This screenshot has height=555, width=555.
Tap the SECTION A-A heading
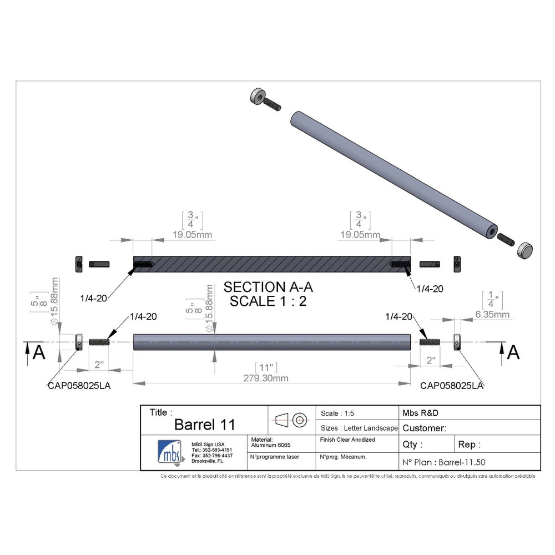268,287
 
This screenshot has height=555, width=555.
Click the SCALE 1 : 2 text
268,301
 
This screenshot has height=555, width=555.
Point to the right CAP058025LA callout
451,385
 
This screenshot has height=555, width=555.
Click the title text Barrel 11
204,425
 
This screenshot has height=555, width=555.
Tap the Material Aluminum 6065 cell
271,442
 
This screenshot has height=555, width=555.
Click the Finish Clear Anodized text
347,440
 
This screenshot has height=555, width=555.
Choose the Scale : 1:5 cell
338,413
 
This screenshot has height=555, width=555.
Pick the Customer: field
424,428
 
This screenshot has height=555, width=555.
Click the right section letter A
514,352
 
